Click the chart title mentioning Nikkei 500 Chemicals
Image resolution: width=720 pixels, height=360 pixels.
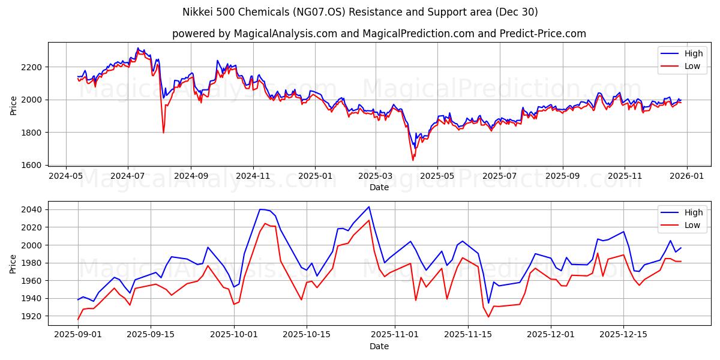click(x=360, y=12)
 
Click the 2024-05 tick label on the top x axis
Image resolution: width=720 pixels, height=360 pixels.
click(x=65, y=176)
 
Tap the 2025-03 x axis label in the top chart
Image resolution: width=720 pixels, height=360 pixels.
click(x=376, y=176)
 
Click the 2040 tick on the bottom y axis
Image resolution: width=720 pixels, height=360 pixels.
click(x=32, y=209)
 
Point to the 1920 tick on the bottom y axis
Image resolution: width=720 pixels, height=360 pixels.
click(x=32, y=316)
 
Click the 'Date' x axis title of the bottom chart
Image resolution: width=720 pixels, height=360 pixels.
click(x=379, y=346)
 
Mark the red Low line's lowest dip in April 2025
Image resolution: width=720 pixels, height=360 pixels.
click(x=413, y=160)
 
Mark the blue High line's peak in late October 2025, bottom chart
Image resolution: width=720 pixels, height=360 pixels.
click(x=369, y=207)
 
